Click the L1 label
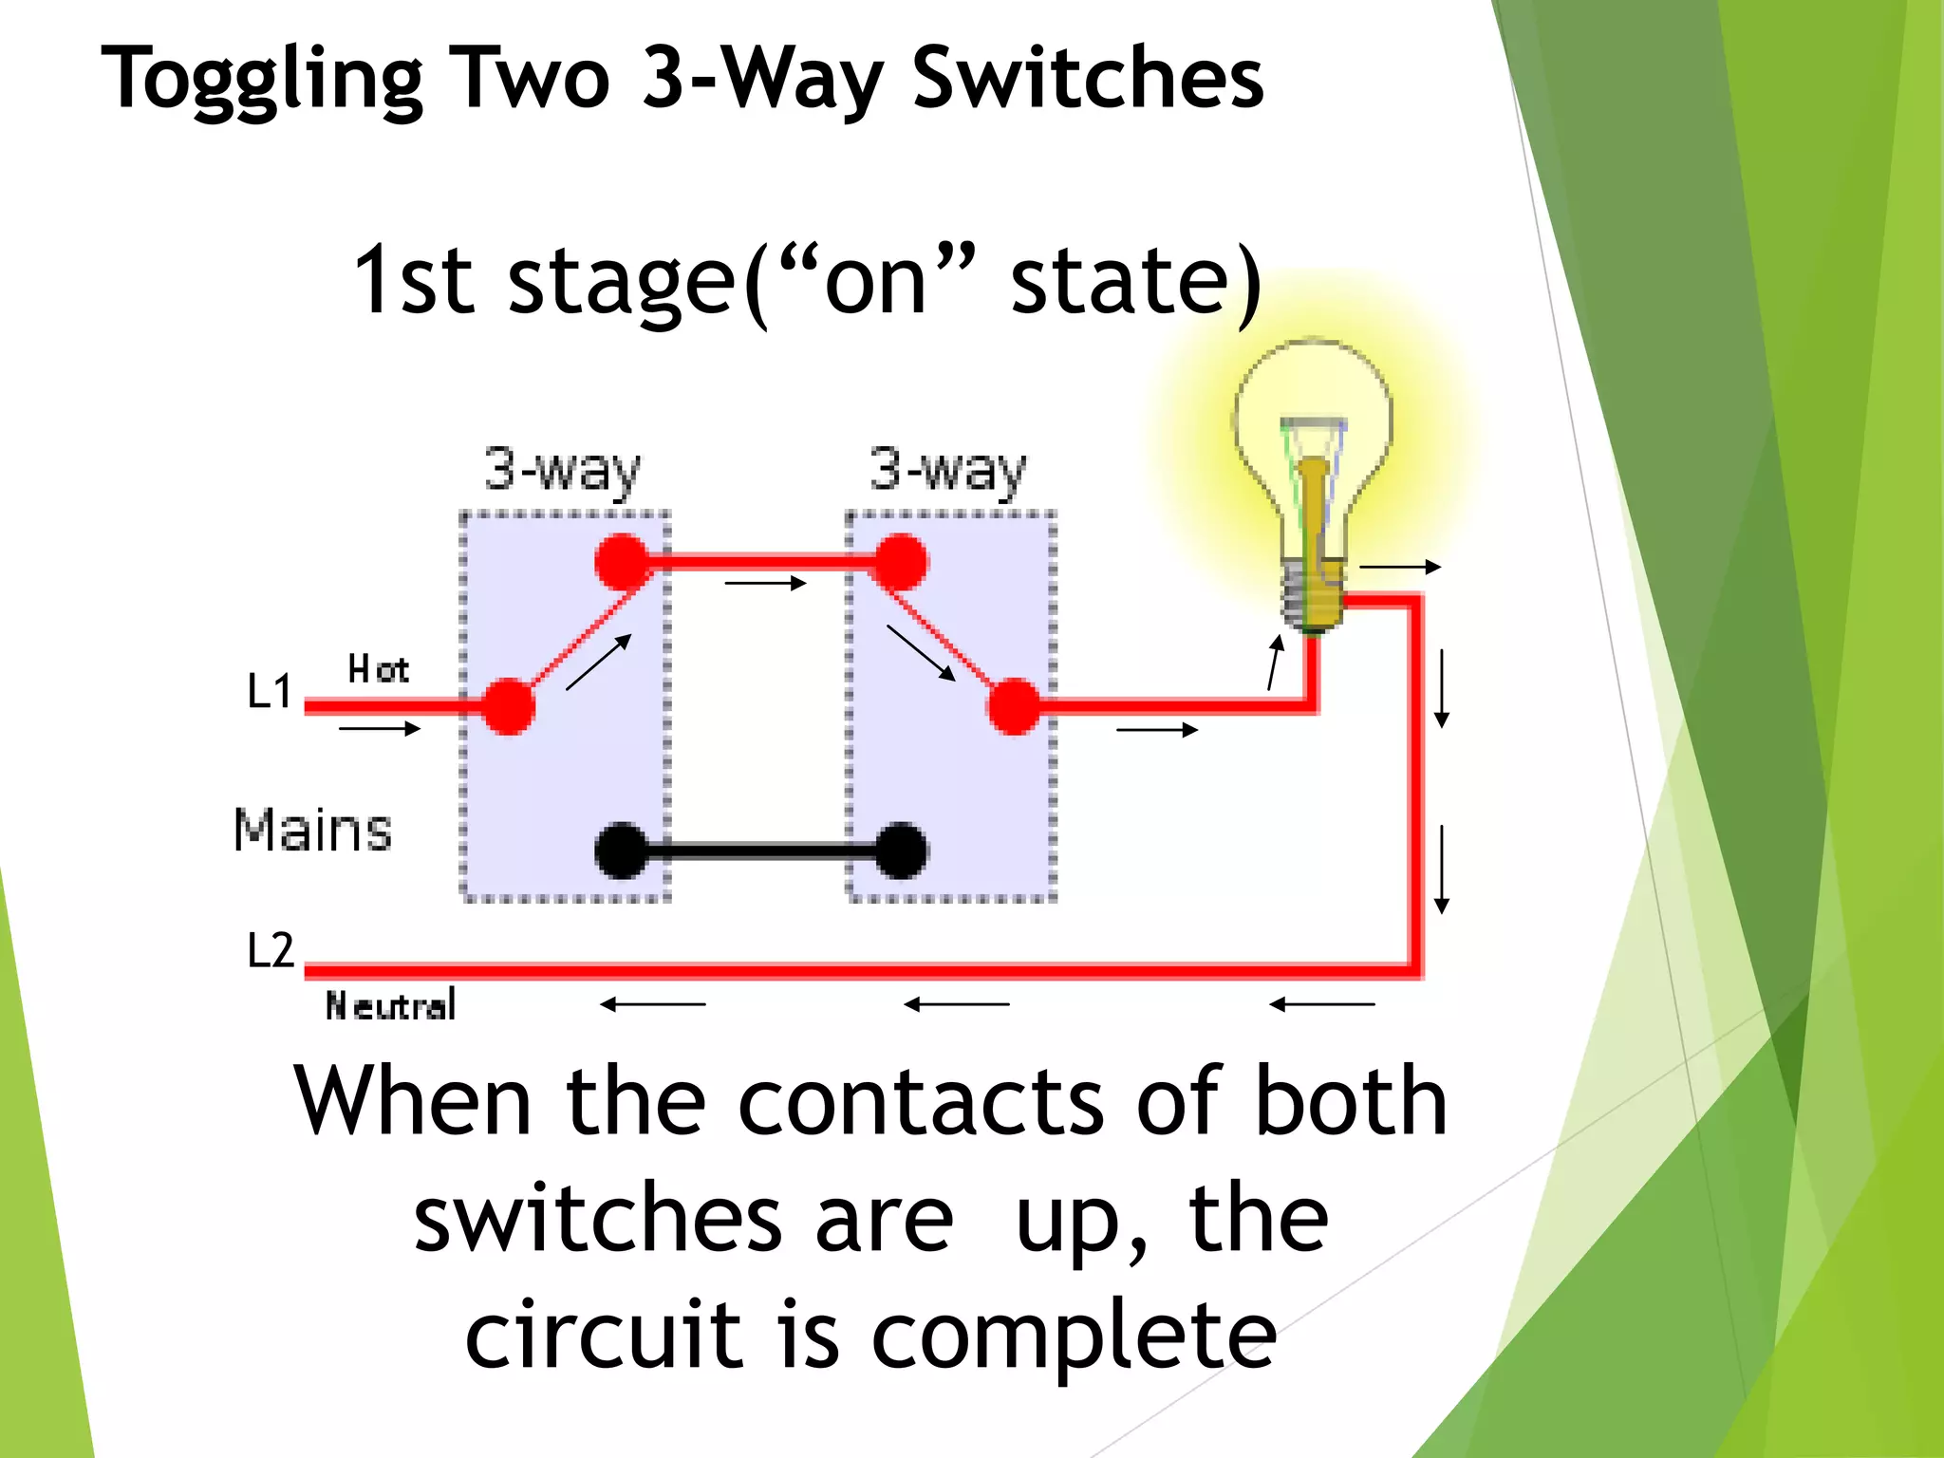pos(270,691)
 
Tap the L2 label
pos(271,950)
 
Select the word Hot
pos(378,669)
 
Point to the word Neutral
pos(390,1005)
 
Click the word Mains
pos(312,830)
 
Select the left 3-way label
pos(563,470)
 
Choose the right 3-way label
pos(948,470)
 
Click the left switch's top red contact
pos(623,562)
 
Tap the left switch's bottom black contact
pos(622,850)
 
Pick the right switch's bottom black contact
pos(900,850)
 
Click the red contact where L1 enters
pos(509,706)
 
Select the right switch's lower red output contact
pos(1014,706)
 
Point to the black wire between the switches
pos(759,850)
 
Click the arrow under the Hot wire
pos(380,729)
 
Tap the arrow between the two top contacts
pos(765,583)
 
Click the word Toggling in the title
pos(262,80)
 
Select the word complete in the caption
pos(1074,1335)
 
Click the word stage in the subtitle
pos(622,281)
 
